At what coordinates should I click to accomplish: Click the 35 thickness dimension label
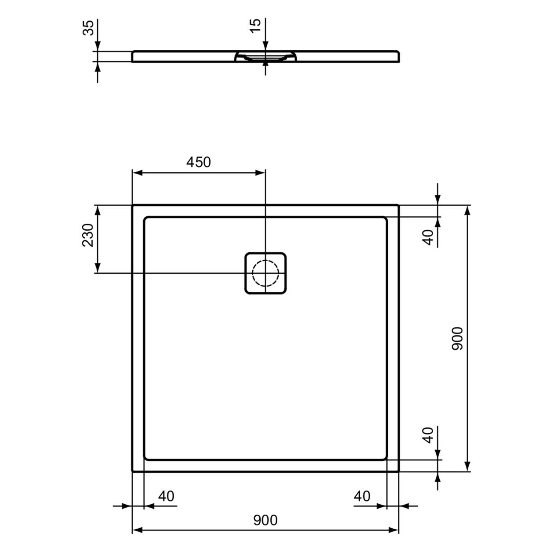coord(88,28)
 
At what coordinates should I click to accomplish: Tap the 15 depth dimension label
coord(255,25)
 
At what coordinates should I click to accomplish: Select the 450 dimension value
coord(198,162)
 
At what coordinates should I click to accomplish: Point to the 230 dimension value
coord(88,235)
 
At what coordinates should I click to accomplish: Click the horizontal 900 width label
coord(265,520)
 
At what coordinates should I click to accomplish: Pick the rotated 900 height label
coord(458,338)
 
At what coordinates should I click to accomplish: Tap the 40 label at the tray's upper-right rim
coord(428,237)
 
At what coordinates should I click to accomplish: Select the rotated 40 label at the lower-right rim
coord(428,435)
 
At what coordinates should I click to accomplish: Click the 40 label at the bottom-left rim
coord(166,496)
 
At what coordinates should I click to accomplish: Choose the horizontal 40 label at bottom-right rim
coord(362,496)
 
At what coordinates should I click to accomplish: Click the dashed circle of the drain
coord(265,273)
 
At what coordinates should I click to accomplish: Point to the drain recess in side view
coord(265,57)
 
